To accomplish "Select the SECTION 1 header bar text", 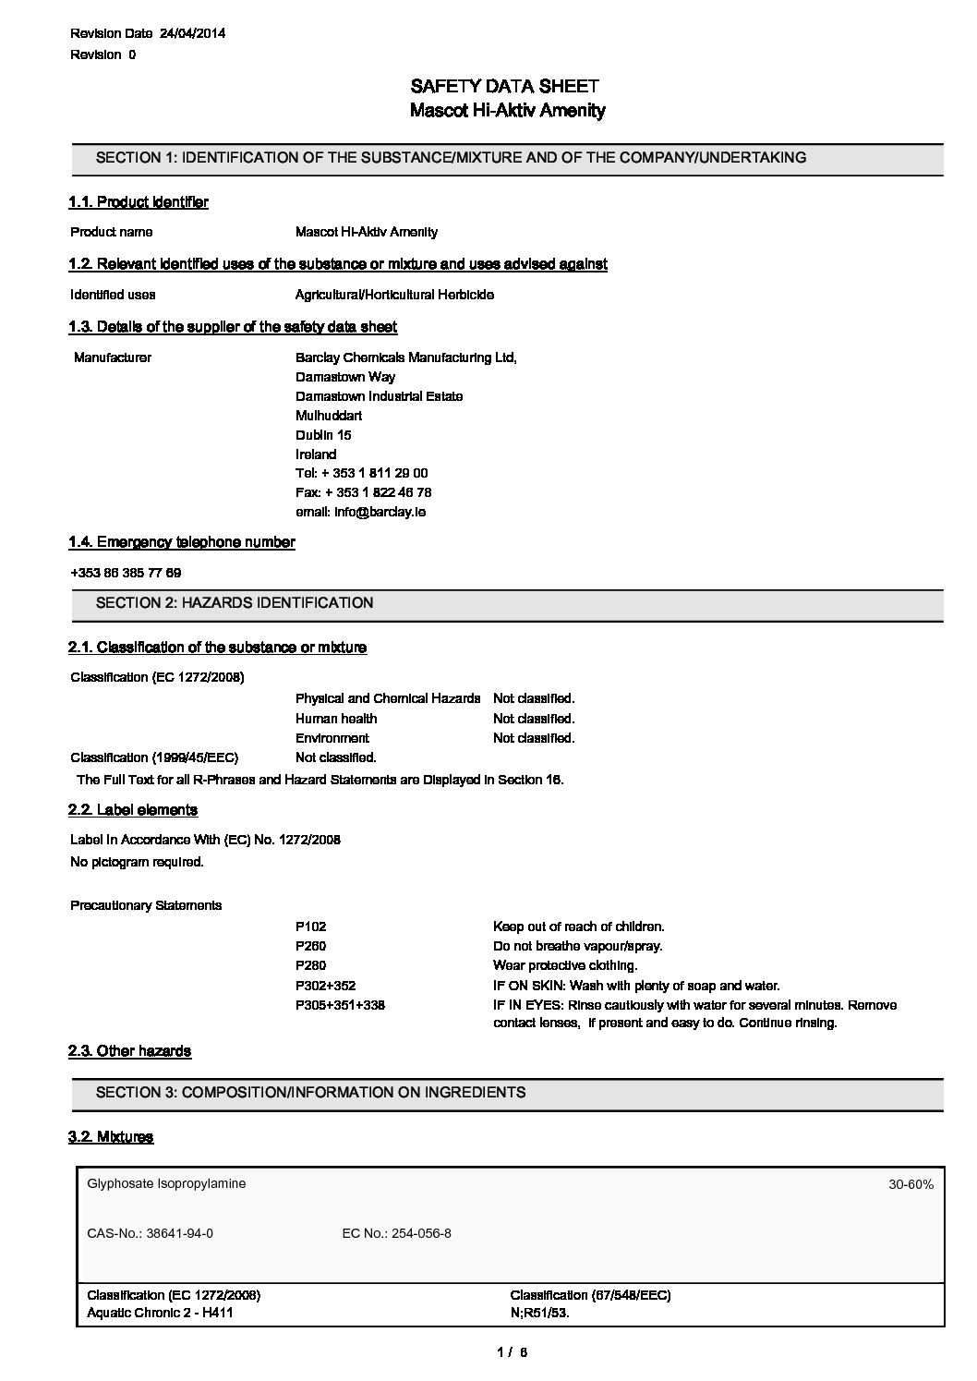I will click(x=451, y=158).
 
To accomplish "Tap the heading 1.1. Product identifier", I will click(x=139, y=202).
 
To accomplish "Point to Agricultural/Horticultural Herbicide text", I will click(x=394, y=295).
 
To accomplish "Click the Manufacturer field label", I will click(x=113, y=357).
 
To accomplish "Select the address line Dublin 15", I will click(x=323, y=435).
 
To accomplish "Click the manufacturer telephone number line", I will click(x=361, y=473).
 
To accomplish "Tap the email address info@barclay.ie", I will click(x=360, y=512).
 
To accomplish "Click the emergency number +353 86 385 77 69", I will click(x=126, y=573).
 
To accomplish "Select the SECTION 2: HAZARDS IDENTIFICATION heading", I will click(x=235, y=603).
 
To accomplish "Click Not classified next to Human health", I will click(x=534, y=719).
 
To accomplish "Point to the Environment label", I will click(x=332, y=738).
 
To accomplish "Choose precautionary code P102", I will click(x=310, y=927).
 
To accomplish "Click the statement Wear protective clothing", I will click(x=565, y=965).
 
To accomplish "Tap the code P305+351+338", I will click(x=340, y=1005).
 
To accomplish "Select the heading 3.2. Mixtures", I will click(x=111, y=1137).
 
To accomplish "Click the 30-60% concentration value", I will click(x=911, y=1184).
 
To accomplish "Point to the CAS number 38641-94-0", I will click(x=150, y=1233).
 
